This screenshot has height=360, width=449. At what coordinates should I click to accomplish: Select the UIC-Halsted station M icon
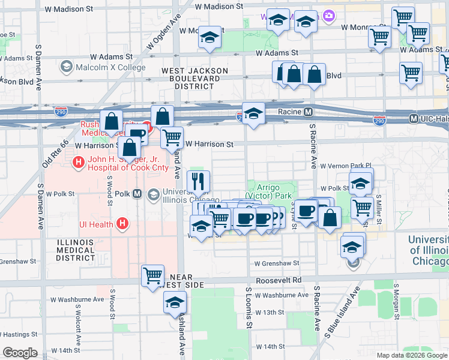coord(414,119)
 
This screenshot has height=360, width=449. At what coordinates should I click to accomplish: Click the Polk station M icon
coord(137,194)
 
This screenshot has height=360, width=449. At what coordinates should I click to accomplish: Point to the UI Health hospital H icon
coord(122,224)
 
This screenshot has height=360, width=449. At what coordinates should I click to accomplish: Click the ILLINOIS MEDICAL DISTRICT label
coord(76,250)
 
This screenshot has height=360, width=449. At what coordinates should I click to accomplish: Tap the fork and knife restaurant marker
coord(198,180)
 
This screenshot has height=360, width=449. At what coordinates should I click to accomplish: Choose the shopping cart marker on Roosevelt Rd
coord(153,276)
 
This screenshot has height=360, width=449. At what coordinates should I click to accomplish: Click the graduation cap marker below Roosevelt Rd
coord(175,302)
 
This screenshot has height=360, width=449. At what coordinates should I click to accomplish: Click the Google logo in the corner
coord(20,353)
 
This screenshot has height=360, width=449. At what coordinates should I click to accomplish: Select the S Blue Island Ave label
coord(342,317)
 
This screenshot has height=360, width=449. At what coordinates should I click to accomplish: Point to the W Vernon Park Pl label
coord(346,166)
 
